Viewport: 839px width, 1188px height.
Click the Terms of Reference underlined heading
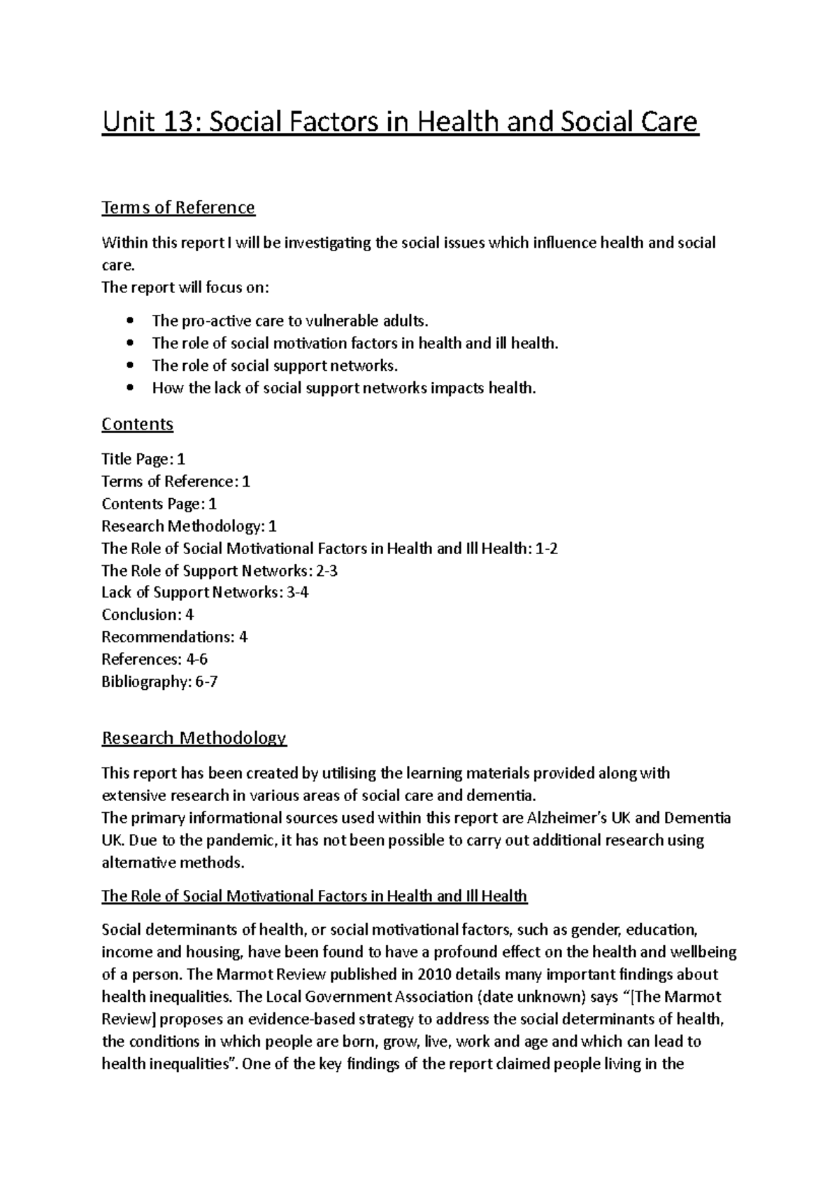click(x=178, y=208)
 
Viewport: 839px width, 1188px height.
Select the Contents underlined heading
click(x=137, y=424)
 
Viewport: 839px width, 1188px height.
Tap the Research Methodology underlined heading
click(x=194, y=738)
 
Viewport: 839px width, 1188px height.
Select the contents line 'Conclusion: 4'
click(x=148, y=615)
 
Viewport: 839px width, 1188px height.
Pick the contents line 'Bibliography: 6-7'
click(x=159, y=681)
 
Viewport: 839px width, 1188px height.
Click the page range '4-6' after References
click(x=197, y=659)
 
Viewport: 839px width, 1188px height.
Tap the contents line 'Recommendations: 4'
click(x=175, y=637)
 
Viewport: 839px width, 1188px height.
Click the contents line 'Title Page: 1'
click(x=143, y=460)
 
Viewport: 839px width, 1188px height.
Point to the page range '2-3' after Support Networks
click(x=327, y=570)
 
